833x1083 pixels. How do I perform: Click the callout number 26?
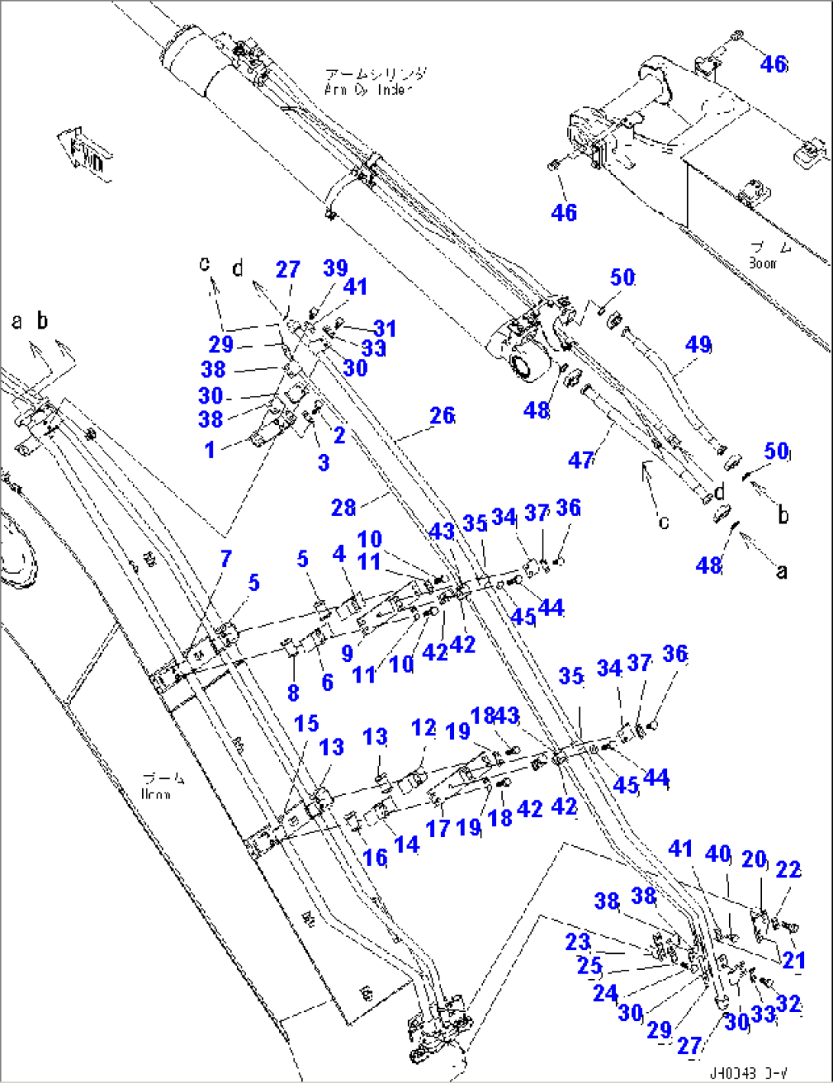(442, 417)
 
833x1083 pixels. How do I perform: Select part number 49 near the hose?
(698, 345)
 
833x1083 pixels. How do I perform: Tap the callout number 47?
(582, 460)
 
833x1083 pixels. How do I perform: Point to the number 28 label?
(343, 509)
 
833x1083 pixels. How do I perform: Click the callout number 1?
(210, 449)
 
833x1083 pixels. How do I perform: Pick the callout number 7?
(225, 559)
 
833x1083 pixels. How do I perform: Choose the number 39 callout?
(335, 268)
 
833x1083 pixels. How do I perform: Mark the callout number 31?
(384, 329)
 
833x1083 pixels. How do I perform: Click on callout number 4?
(339, 554)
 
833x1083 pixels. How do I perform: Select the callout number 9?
(348, 653)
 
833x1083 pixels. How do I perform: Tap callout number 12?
(423, 728)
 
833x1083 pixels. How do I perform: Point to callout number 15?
(306, 723)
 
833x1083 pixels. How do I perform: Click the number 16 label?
(374, 858)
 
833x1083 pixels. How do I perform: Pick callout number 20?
(754, 859)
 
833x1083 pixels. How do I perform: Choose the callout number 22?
(788, 870)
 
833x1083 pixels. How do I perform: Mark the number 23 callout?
(578, 942)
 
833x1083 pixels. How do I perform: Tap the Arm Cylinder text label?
(373, 81)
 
